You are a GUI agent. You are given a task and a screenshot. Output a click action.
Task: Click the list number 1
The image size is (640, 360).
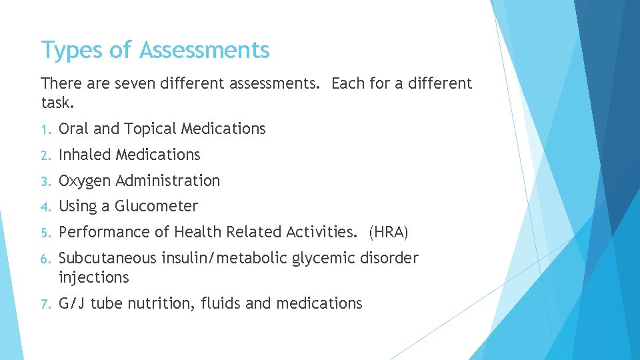[x=45, y=129]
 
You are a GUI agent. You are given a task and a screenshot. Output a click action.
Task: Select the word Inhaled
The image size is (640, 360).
[x=85, y=155]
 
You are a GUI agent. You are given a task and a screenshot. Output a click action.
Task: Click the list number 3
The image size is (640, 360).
[x=45, y=181]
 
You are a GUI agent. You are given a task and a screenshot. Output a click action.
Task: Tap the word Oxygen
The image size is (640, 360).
[x=85, y=181]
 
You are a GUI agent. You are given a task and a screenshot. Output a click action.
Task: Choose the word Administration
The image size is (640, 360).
[x=167, y=181]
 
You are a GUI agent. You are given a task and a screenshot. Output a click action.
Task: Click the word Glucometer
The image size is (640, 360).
[x=156, y=207]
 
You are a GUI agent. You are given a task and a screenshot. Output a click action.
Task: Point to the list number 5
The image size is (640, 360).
[x=45, y=233]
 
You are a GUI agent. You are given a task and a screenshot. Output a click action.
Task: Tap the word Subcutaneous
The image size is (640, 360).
[x=107, y=258]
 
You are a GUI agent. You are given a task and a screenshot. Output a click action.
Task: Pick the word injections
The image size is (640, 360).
[x=93, y=277]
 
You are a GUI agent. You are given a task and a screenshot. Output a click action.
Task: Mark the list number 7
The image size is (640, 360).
[x=45, y=304]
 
